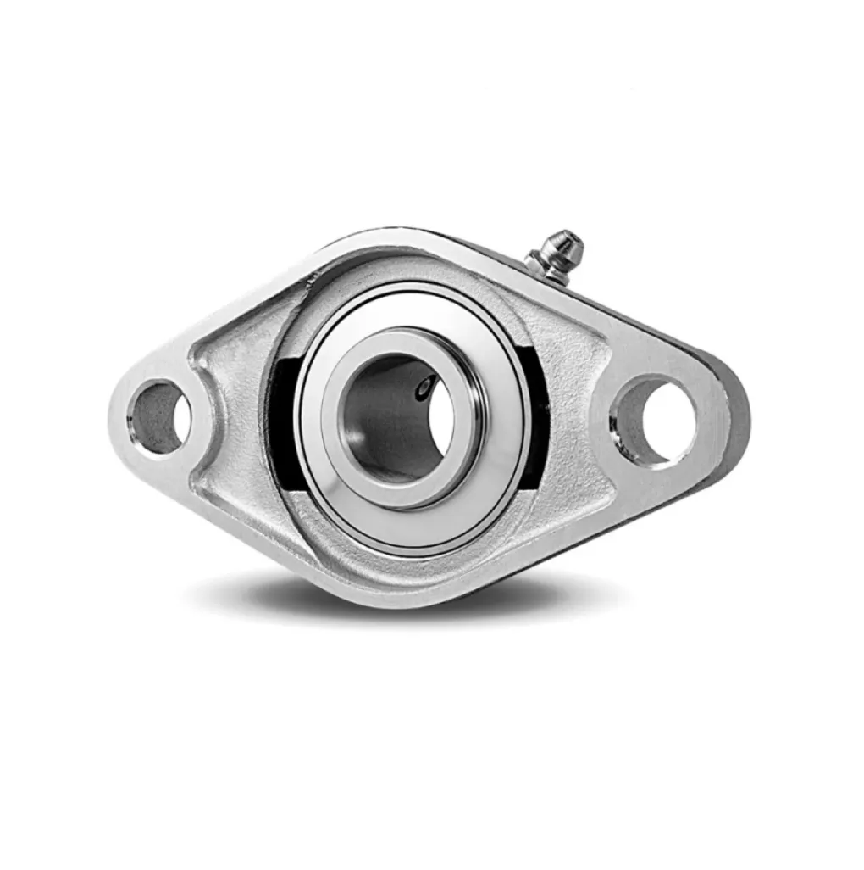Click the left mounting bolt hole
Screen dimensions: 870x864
coord(159,417)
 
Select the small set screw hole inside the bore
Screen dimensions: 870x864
coord(424,387)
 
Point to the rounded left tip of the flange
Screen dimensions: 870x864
coord(119,415)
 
